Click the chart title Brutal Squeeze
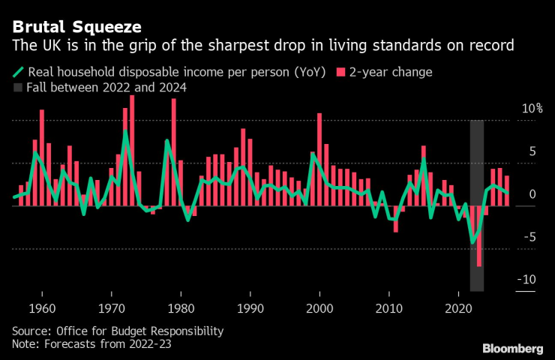click(x=77, y=27)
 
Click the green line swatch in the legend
click(x=17, y=73)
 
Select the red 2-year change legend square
click(x=341, y=73)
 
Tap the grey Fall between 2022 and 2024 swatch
click(x=17, y=88)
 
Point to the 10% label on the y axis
click(x=532, y=109)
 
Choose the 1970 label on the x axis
click(x=112, y=308)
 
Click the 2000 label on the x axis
click(x=320, y=308)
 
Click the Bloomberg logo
click(x=512, y=348)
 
